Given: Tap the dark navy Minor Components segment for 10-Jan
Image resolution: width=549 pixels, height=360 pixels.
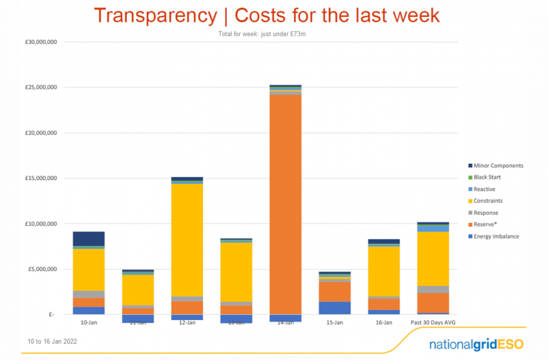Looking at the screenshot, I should [x=89, y=239].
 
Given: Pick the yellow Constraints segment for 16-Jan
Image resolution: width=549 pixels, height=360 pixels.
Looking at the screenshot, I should [x=384, y=271].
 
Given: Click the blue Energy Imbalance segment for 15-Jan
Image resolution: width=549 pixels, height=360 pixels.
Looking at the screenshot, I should [x=335, y=307].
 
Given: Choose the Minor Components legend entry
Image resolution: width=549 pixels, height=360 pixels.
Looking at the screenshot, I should [x=499, y=165].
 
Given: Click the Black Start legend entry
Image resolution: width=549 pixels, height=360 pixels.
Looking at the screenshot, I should [x=492, y=177].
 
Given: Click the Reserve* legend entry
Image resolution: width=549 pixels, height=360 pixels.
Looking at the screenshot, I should [x=489, y=224].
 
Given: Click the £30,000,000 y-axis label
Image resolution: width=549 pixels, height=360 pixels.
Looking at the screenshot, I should [x=41, y=42].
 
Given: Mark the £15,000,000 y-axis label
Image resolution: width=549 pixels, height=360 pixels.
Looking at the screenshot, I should [x=41, y=179].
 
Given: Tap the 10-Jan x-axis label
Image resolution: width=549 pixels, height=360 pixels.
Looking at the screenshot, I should [x=89, y=323].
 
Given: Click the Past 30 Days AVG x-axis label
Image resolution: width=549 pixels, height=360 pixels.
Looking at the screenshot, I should [x=433, y=323].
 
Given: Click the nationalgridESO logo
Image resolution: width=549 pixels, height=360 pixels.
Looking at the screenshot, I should [x=476, y=345].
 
